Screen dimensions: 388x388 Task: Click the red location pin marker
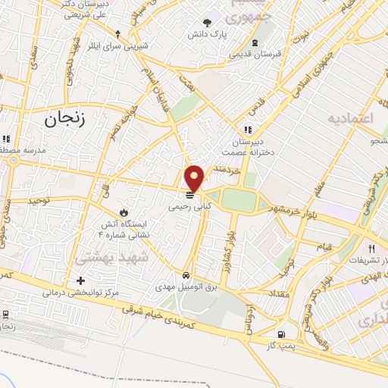click(196, 178)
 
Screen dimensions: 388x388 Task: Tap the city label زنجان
click(67, 117)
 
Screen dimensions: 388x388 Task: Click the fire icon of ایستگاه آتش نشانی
click(124, 211)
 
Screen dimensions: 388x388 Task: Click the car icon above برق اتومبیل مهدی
click(186, 275)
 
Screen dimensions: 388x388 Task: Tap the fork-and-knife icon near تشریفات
click(372, 248)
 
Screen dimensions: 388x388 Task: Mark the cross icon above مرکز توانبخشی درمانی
click(81, 280)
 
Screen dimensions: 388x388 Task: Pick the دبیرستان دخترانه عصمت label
click(249, 145)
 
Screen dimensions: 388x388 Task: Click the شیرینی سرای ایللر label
click(117, 47)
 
